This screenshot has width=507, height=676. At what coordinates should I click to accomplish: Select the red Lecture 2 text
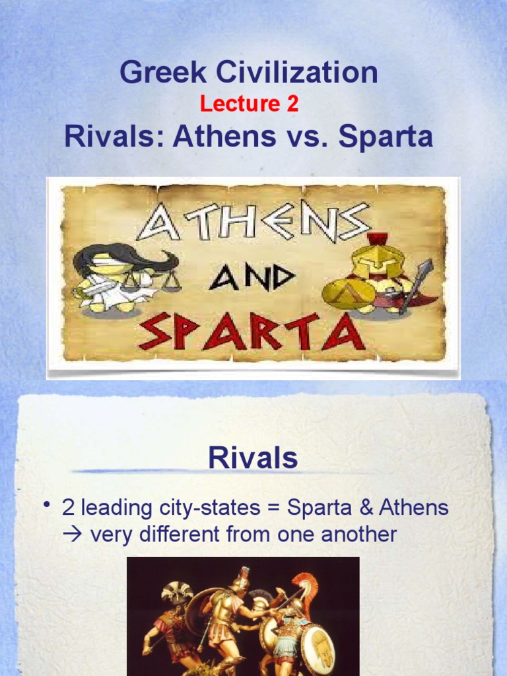[250, 104]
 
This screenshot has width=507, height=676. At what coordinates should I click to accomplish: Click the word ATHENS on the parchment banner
[254, 222]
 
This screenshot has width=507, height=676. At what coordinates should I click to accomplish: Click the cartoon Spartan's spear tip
[426, 267]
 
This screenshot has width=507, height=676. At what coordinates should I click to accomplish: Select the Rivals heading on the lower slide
[253, 458]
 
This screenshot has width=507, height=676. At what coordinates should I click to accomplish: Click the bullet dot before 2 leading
[47, 506]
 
